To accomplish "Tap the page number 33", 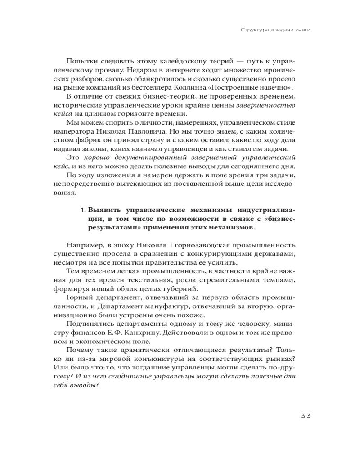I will pos(306,415).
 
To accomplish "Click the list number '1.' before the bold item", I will pos(83,211).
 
